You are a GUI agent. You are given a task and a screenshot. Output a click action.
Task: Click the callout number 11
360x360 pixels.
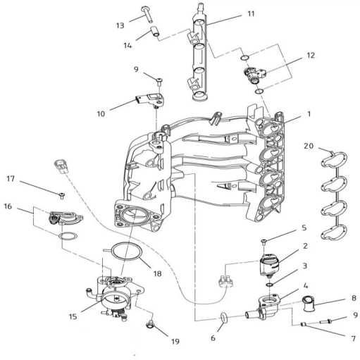251,14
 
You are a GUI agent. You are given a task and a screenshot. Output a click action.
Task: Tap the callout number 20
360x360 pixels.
309,146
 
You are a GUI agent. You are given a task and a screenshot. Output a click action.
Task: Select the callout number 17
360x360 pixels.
11,179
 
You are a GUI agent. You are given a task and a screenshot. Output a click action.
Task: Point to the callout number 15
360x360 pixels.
73,316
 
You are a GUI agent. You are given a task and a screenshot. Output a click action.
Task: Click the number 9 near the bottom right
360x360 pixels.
355,315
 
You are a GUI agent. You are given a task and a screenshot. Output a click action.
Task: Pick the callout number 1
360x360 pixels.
309,114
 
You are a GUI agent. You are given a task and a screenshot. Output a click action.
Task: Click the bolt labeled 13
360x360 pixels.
147,15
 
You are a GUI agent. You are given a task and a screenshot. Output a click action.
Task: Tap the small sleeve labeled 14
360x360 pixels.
155,32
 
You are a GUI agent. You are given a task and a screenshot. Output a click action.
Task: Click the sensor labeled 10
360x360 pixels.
150,100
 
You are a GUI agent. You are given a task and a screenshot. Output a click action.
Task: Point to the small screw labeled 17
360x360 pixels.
62,195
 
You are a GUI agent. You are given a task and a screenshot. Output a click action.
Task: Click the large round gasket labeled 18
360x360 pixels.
127,252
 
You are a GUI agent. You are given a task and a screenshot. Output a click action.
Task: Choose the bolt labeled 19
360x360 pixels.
150,324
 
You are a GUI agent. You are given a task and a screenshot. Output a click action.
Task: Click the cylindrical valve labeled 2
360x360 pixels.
270,264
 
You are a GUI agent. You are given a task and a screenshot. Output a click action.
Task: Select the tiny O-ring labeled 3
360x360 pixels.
270,285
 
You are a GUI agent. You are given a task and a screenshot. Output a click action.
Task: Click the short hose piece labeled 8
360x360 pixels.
308,304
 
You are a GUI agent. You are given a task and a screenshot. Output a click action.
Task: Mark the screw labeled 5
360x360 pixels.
264,242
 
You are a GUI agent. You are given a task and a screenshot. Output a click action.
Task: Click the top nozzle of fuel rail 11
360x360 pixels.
200,7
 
